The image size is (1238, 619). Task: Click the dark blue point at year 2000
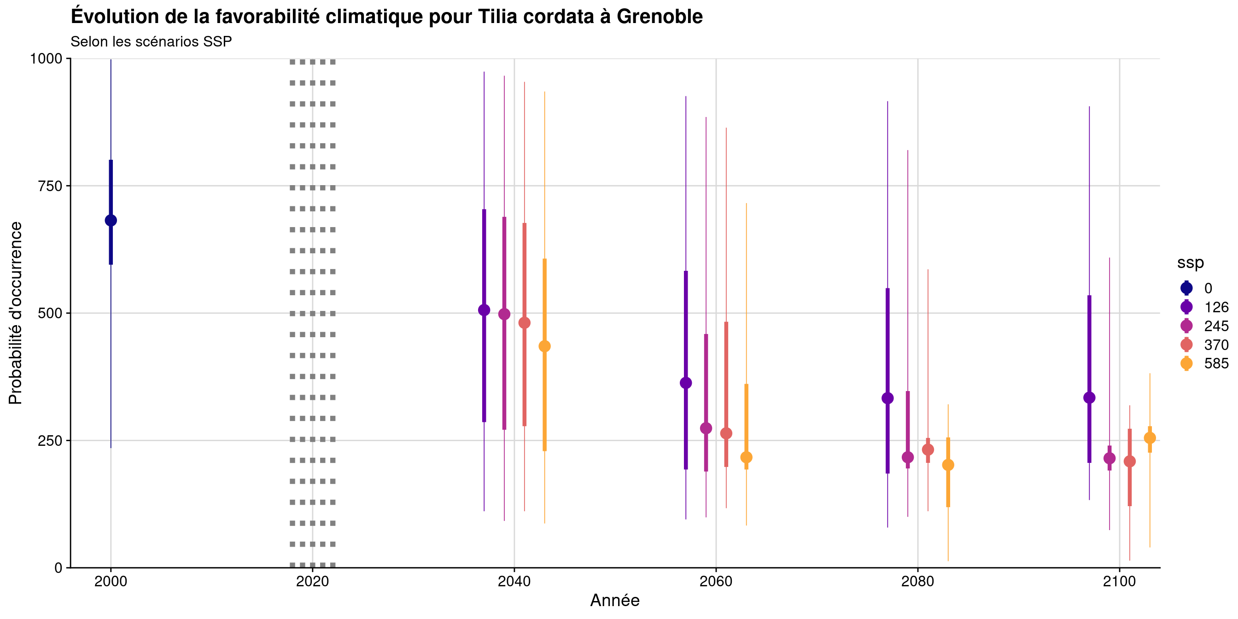[111, 221]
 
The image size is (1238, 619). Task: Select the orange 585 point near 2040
[544, 346]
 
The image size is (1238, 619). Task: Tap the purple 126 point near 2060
[686, 383]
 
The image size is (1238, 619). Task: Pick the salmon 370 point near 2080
[928, 450]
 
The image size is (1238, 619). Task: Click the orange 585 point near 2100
[1150, 438]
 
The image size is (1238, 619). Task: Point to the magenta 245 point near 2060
[706, 428]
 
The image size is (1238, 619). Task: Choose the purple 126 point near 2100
[1090, 398]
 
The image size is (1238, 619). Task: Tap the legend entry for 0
[1197, 288]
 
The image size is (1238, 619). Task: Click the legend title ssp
[1191, 263]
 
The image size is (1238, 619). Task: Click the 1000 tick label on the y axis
[47, 58]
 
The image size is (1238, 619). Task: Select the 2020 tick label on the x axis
[312, 582]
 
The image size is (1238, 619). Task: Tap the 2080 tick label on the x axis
[918, 582]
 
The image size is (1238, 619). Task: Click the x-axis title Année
[615, 601]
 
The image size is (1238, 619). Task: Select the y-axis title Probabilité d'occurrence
[15, 313]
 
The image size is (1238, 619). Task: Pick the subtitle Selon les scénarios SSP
[152, 42]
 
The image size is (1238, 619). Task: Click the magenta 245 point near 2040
[504, 314]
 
